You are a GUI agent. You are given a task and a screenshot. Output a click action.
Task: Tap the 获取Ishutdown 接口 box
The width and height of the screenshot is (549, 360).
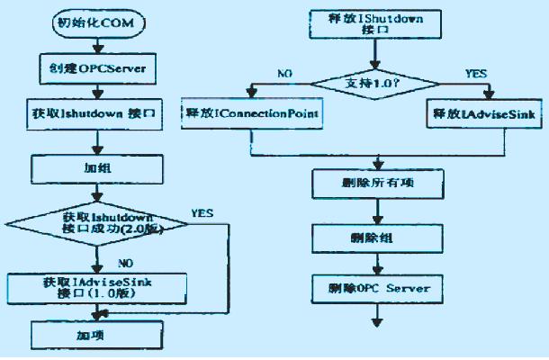click(x=93, y=114)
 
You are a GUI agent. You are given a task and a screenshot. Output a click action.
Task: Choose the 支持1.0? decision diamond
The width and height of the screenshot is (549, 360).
click(x=372, y=84)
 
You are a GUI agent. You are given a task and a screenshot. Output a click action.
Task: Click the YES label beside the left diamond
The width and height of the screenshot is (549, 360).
click(x=202, y=213)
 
